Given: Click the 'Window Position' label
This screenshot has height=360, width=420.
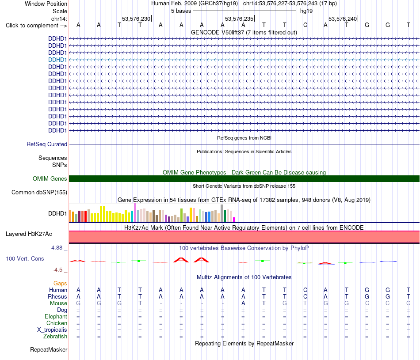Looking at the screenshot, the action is click(x=46, y=4).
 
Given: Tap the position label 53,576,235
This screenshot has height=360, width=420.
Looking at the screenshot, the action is click(x=239, y=19).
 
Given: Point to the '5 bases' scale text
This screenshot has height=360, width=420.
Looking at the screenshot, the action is click(x=181, y=11).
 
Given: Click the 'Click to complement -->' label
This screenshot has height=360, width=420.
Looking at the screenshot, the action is click(x=36, y=26).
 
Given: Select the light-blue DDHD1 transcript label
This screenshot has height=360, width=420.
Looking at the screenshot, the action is click(x=57, y=60).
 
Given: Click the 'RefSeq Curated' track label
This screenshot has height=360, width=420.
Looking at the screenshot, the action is click(x=47, y=144).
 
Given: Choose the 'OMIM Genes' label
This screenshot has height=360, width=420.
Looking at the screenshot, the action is click(x=50, y=178).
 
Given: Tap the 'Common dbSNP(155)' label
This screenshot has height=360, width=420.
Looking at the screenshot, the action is click(x=39, y=193).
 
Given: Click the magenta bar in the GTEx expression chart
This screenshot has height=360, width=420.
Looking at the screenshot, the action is click(x=234, y=220).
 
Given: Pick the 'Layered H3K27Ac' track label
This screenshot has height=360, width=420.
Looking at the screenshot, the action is click(x=29, y=234).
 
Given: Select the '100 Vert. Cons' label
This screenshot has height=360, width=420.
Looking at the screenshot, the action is click(x=25, y=258).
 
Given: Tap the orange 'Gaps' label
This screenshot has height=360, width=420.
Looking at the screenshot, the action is click(x=60, y=283).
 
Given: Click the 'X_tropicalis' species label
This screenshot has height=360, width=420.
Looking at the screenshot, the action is click(x=52, y=330).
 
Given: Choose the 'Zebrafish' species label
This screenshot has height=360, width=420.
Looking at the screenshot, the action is click(x=55, y=337).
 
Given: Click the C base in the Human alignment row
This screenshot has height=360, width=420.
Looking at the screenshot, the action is click(x=305, y=290).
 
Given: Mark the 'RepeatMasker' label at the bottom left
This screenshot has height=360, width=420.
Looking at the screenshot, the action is click(x=49, y=349).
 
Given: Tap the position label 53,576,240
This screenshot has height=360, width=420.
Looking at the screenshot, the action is click(x=343, y=19).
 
